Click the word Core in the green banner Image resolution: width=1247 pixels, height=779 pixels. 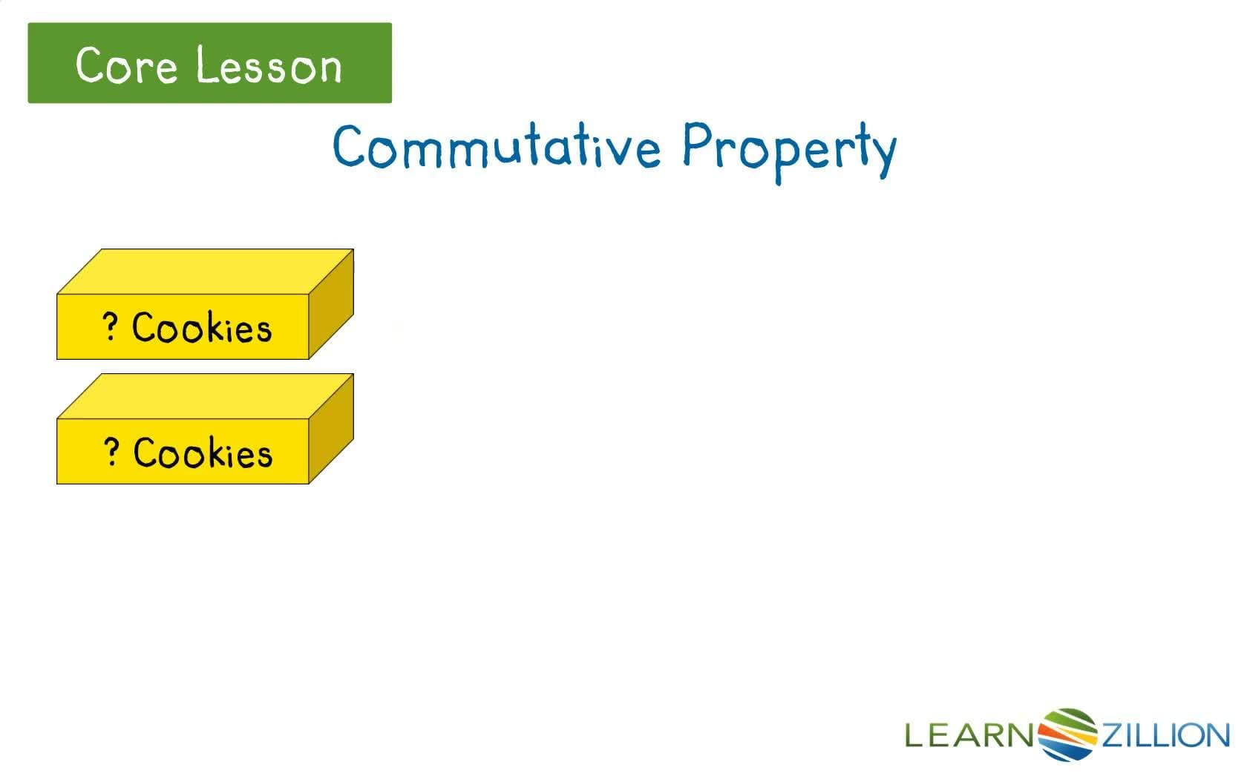[x=126, y=65]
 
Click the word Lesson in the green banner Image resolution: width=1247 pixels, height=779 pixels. [x=269, y=65]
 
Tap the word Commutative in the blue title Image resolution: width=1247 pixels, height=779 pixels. [x=496, y=146]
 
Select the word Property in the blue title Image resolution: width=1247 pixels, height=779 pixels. [x=788, y=148]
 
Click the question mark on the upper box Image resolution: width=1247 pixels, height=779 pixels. [x=110, y=326]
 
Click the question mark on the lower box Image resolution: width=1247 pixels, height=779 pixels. [x=111, y=451]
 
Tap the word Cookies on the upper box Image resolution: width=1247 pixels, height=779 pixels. [x=202, y=327]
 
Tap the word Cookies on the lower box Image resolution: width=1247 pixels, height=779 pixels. [x=203, y=453]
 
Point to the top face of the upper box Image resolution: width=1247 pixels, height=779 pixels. [x=205, y=272]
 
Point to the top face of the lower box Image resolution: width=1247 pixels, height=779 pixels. [x=205, y=396]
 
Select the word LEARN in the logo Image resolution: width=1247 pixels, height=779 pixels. [x=968, y=735]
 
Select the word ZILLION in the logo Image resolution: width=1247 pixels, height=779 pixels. [x=1165, y=735]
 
